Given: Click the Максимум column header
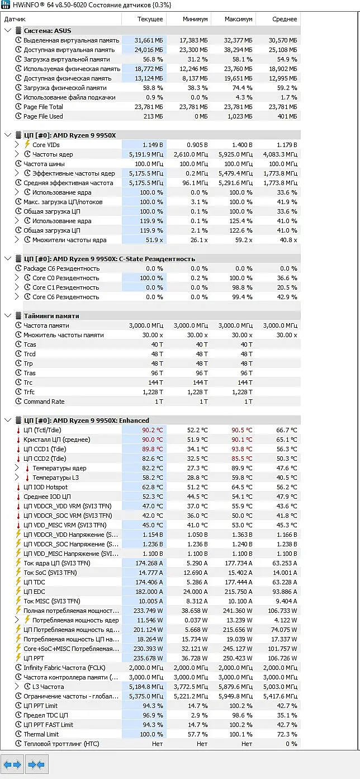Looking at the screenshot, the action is pos(238,19).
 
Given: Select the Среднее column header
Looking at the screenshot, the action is pos(285,19).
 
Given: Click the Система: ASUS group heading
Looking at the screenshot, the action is pos(48,31).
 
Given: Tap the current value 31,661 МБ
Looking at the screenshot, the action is pos(149,40).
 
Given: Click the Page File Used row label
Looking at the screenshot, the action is pos(43,116).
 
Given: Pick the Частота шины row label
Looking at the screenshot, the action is pos(44,164).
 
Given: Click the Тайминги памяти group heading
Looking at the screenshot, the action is pos(51,316).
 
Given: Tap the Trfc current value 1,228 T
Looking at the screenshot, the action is pos(153,392).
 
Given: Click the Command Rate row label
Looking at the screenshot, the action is pos(44,402).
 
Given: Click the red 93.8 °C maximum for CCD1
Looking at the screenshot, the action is pos(242,449).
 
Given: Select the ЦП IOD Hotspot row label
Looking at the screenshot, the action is pos(45,487).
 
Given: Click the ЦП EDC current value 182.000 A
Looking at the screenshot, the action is pos(149,592).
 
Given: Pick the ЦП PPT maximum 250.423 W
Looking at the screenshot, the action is pos(238,658).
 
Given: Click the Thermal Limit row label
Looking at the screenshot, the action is pos(41,734).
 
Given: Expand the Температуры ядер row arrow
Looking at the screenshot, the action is pos(17,468).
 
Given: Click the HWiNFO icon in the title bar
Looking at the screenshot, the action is pos(6,5).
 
